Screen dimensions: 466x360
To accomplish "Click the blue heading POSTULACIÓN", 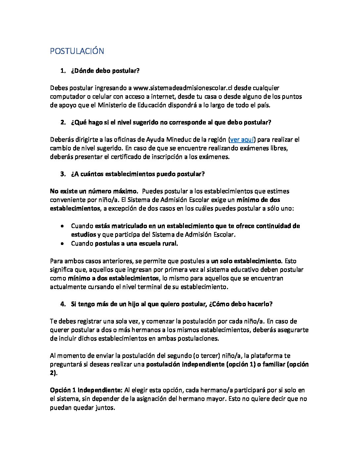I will click(77, 51).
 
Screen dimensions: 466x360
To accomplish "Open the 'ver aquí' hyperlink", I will click(242, 140).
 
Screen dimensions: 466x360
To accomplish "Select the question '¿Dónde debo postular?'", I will click(105, 71).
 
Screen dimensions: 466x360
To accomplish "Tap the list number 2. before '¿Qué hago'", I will click(63, 122).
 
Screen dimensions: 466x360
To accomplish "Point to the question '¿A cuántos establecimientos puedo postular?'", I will click(138, 174).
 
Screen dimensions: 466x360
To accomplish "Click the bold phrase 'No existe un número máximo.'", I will click(94, 191).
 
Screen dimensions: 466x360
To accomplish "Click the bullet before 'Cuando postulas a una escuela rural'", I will click(63, 244).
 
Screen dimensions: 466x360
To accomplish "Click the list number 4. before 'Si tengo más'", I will click(63, 304).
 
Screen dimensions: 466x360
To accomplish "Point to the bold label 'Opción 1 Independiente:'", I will click(86, 390).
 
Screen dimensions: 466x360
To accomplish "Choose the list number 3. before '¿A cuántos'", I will click(63, 174).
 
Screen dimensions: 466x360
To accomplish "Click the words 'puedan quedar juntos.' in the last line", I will click(82, 407).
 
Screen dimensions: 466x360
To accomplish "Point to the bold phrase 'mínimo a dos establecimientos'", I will click(113, 278).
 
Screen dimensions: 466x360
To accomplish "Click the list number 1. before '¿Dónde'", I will click(63, 71).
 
